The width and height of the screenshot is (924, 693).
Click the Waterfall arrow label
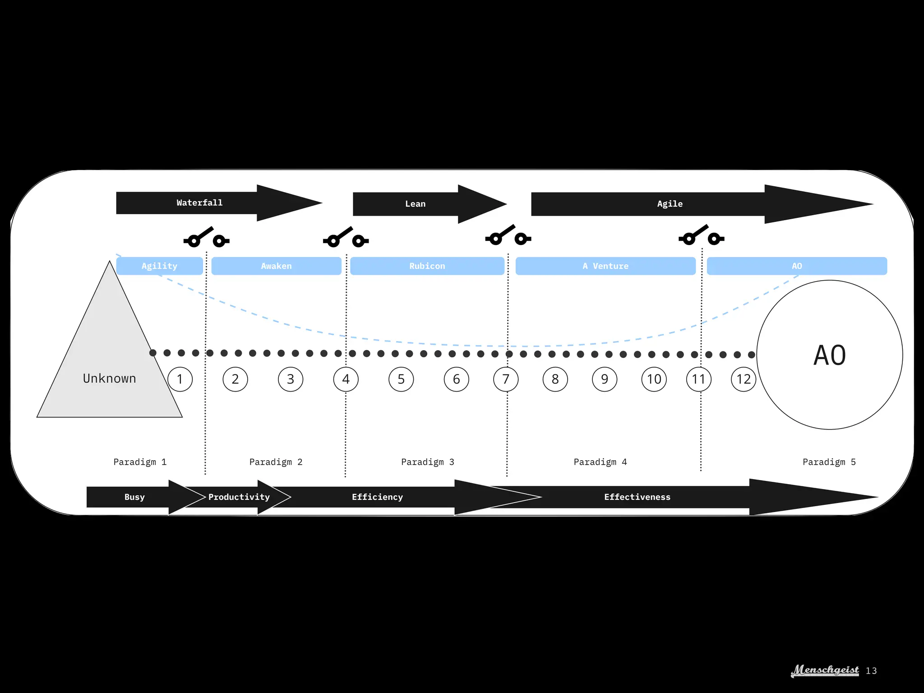coord(199,203)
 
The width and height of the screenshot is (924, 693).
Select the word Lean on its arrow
coord(415,204)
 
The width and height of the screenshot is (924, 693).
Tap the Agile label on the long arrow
coord(670,204)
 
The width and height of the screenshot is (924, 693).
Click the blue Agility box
coord(159,266)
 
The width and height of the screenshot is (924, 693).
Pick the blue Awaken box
coord(276,266)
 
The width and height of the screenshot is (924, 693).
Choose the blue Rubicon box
coord(427,266)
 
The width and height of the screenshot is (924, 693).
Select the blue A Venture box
coord(605,266)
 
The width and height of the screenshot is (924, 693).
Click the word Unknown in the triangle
coord(109,379)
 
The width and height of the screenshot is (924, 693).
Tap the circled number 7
coord(506,379)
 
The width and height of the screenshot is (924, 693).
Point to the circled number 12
coord(743,379)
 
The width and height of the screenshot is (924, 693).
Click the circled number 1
coord(180,379)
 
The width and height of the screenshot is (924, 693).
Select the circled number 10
coord(654,379)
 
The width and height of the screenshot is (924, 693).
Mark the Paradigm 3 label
coord(427,462)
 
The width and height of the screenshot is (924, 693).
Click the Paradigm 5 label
coord(829,462)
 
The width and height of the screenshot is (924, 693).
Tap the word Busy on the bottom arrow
coord(134,497)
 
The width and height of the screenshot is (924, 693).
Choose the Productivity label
coord(239,497)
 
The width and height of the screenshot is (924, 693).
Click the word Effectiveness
coord(637,497)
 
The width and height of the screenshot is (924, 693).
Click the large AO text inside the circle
coord(829,356)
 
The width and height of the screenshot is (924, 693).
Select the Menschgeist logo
coord(825,670)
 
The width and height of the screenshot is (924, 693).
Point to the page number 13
coord(871,671)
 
